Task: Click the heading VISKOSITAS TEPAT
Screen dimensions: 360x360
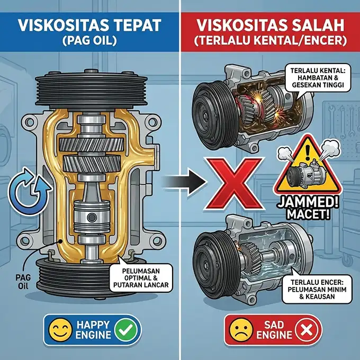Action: coord(89,25)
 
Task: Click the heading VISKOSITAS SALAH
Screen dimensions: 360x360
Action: coord(271,25)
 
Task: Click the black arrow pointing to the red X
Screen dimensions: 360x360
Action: coord(183,183)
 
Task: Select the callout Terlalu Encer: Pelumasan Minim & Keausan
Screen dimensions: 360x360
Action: coord(314,289)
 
